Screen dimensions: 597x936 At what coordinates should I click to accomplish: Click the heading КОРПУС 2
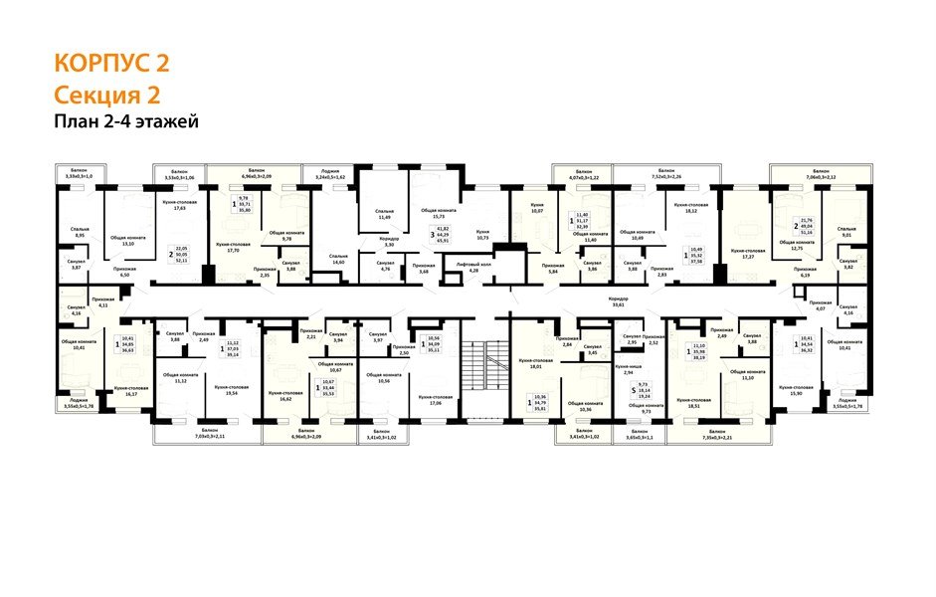point(111,64)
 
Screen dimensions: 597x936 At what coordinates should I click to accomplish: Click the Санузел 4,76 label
point(387,267)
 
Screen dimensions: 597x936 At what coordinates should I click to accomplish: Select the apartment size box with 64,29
point(443,236)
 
